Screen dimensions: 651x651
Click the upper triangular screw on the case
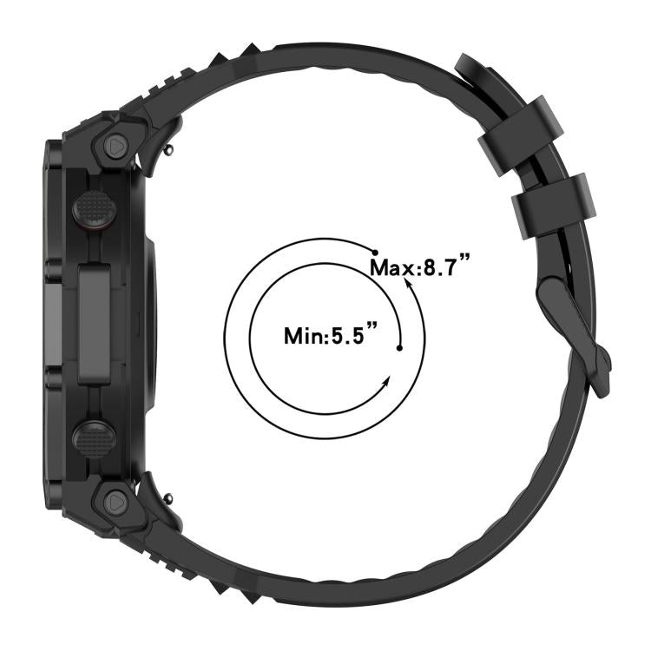tap(116, 146)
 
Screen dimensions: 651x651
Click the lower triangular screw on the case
tap(115, 501)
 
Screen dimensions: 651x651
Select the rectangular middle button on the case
tap(95, 325)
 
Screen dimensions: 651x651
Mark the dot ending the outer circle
tap(376, 249)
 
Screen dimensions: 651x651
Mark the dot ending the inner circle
tap(399, 348)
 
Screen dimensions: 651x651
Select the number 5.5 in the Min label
tap(352, 334)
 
